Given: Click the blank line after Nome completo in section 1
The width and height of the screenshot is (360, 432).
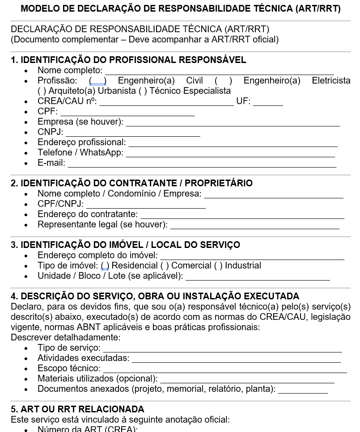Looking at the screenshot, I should [219, 71].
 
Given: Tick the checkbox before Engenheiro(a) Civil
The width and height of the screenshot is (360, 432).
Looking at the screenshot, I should [97, 81].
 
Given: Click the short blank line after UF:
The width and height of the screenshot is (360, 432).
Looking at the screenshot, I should [268, 102].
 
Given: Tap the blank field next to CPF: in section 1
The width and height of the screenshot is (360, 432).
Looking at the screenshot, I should [127, 112].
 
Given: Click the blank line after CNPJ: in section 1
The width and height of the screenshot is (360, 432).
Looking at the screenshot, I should [133, 133].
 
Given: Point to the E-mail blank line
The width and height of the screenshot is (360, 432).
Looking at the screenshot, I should [202, 164].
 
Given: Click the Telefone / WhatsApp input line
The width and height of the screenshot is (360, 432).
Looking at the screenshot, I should [230, 153].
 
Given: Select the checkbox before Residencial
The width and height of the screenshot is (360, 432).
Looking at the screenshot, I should [105, 266].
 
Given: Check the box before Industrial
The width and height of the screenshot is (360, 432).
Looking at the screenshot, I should [218, 266].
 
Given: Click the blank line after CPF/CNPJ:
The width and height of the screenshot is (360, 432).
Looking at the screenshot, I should [146, 205].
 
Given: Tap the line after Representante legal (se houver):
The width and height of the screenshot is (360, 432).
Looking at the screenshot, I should [255, 225].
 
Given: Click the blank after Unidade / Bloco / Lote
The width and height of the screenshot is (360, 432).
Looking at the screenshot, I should [258, 277].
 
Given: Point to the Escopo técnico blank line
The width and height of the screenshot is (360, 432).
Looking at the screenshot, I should [224, 369].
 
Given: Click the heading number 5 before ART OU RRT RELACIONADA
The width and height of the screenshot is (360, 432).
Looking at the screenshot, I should [14, 409].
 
